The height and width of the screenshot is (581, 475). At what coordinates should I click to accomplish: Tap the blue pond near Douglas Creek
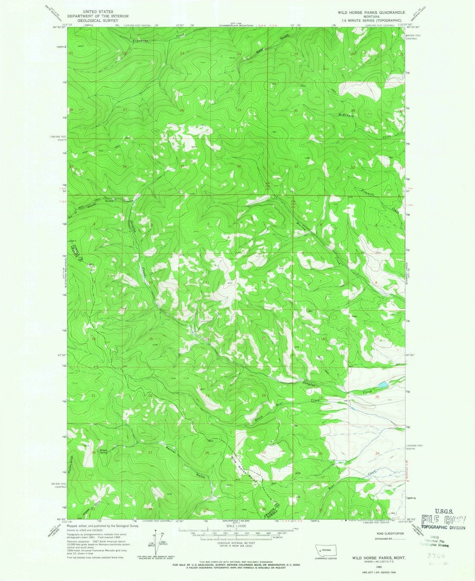coord(382,384)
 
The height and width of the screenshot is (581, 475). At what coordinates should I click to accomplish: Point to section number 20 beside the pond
coord(377,397)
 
